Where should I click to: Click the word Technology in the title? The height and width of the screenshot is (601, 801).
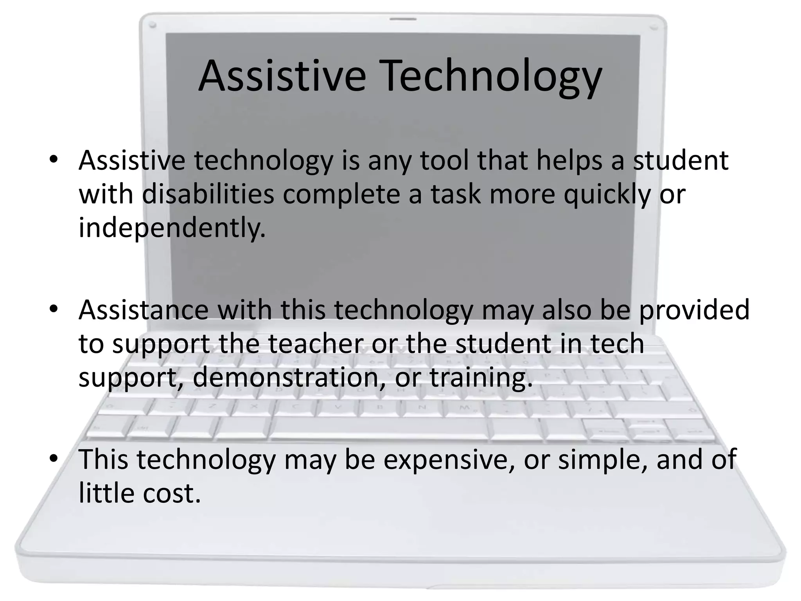pos(492,76)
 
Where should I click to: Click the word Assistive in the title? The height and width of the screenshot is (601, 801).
pos(282,76)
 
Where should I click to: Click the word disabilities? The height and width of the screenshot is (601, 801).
pos(208,194)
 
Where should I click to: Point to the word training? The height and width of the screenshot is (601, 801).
pos(481,378)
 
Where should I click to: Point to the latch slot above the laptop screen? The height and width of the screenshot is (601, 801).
pos(403,18)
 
